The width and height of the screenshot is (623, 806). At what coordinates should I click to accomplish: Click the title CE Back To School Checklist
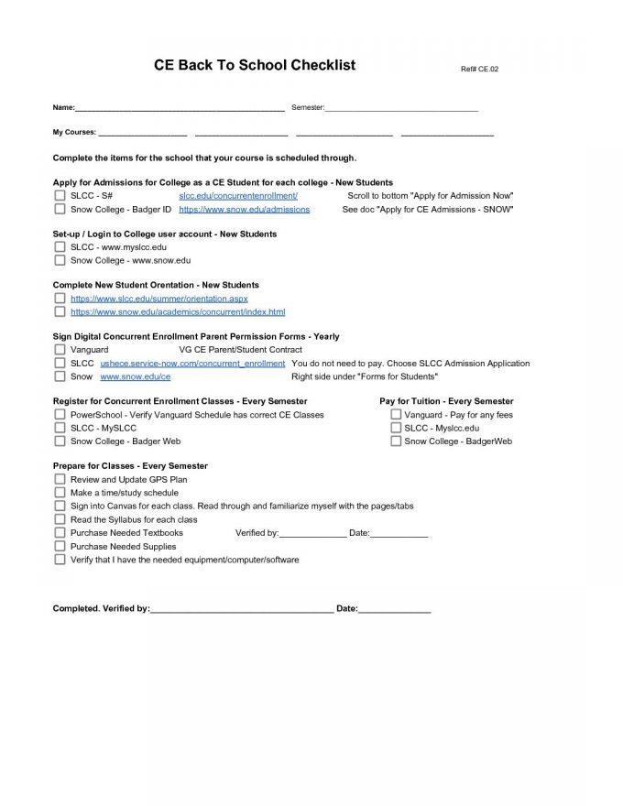(x=255, y=66)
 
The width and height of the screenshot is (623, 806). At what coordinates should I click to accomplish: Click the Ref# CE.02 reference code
(x=479, y=70)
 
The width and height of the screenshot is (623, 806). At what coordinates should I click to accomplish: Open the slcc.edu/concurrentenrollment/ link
(x=238, y=196)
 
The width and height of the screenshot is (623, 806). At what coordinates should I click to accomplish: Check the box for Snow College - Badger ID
(x=60, y=210)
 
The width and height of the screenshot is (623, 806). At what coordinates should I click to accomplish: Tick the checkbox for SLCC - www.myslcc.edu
(x=60, y=247)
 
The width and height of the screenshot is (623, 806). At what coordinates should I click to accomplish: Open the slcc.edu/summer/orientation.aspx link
(x=158, y=299)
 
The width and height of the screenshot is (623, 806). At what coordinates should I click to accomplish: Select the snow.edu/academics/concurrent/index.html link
(x=178, y=312)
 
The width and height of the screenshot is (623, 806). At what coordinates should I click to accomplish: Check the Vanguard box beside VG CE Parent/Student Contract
(x=60, y=350)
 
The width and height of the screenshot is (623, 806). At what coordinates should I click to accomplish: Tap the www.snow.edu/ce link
(x=135, y=376)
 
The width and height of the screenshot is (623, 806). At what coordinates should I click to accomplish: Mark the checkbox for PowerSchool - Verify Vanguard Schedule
(x=60, y=415)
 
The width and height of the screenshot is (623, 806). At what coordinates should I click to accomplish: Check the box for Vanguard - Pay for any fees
(x=396, y=415)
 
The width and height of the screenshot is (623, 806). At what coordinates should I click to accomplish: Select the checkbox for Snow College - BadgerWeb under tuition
(x=396, y=441)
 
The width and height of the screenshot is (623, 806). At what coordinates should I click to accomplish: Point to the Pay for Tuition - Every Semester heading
(x=446, y=401)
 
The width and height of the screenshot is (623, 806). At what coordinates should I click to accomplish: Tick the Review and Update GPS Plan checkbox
(x=60, y=479)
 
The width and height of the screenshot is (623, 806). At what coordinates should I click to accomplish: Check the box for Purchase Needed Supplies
(x=60, y=546)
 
